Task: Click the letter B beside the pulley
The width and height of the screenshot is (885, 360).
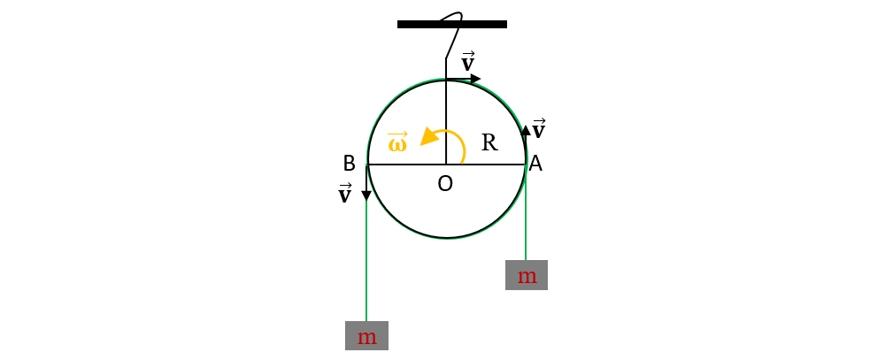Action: click(x=350, y=164)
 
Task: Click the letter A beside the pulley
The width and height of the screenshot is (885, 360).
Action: click(x=535, y=164)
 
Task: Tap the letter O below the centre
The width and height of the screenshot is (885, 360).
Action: click(x=445, y=183)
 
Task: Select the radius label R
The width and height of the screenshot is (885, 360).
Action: click(x=489, y=142)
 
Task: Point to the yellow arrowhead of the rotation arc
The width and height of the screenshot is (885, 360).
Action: click(x=430, y=138)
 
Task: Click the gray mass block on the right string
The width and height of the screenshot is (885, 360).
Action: click(x=527, y=275)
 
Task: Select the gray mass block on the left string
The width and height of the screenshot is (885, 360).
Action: click(x=367, y=336)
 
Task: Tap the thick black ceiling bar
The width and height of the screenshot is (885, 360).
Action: click(x=452, y=24)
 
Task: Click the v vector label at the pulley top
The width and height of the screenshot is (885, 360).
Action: click(x=468, y=62)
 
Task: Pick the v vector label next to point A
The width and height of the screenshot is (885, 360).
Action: click(x=539, y=128)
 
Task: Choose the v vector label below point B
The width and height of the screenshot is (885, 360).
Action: click(x=344, y=194)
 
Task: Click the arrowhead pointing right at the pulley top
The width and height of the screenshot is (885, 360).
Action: click(x=475, y=79)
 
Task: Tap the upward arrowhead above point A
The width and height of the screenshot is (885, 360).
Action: click(x=526, y=130)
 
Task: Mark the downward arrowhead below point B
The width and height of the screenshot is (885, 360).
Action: click(x=366, y=195)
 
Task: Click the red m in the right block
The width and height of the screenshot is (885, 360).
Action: click(x=527, y=277)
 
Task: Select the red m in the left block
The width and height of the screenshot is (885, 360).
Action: click(x=367, y=337)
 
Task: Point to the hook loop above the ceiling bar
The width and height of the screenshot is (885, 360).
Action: click(x=454, y=18)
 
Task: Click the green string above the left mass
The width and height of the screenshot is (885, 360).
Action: click(x=366, y=261)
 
